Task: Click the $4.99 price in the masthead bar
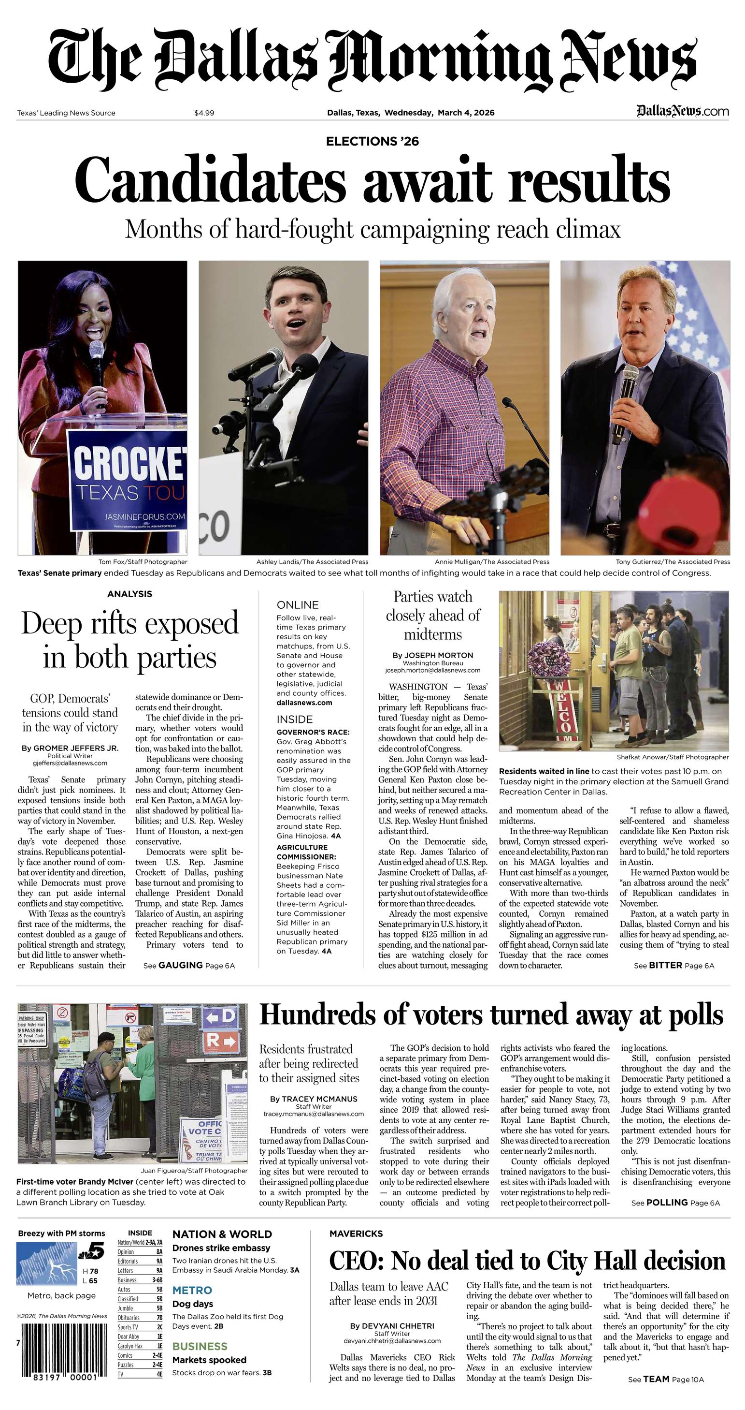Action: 204,113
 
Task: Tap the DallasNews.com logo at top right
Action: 683,112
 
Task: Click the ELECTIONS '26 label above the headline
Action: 372,142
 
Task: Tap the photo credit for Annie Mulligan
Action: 492,561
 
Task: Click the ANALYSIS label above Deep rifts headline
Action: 129,594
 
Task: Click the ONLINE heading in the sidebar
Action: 298,605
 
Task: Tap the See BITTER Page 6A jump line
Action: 674,966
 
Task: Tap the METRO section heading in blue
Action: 192,1291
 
